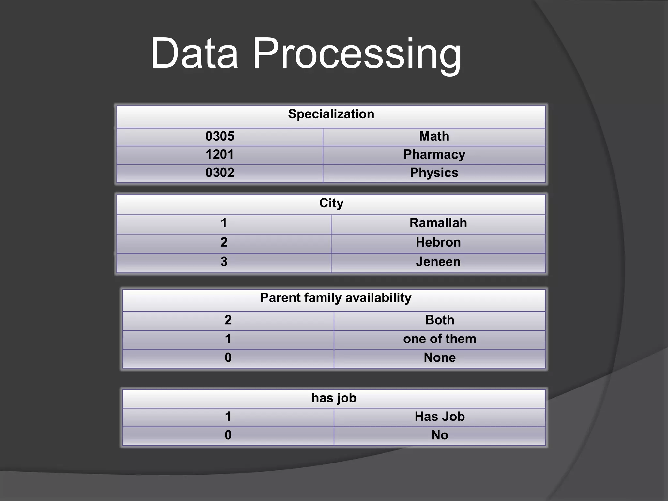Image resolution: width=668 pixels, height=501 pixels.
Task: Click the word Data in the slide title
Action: [194, 54]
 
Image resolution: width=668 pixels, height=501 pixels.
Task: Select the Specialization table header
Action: [331, 114]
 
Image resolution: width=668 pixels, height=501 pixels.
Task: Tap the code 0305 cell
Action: [220, 136]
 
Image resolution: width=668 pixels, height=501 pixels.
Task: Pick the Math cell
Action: [434, 136]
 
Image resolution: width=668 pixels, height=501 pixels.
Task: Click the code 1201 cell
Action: [220, 155]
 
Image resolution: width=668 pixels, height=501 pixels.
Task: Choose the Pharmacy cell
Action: [434, 155]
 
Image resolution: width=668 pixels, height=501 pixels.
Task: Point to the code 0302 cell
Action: [220, 173]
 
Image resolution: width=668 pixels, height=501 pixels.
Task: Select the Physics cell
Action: [434, 173]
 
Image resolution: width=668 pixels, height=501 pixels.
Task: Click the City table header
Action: [331, 203]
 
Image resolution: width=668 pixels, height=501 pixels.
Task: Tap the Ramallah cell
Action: [438, 223]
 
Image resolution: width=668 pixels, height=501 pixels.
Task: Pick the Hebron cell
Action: [438, 242]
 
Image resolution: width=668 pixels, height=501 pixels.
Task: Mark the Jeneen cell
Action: [438, 262]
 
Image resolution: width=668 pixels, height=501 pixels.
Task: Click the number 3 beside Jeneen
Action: [224, 262]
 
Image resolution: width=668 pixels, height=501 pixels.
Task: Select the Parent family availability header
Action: [336, 298]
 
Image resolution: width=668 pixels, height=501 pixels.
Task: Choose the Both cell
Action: [440, 320]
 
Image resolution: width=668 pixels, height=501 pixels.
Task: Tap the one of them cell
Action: [440, 339]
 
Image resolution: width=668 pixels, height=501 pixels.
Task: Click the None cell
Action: [440, 358]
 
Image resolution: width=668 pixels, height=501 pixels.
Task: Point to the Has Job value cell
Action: [440, 417]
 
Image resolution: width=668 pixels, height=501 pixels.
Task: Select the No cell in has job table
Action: [440, 435]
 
